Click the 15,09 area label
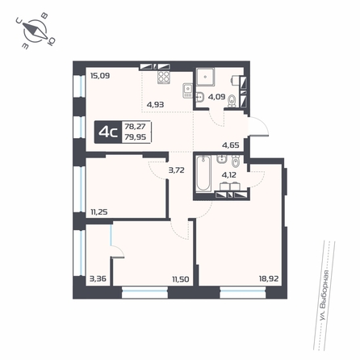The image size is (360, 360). coord(100,76)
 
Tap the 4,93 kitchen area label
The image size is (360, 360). coord(155,104)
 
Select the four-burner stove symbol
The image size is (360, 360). coord(164,77)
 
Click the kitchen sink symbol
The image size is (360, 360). coord(187,90)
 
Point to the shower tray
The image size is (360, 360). coord(205,77)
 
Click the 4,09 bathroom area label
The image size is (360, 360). coord(216,97)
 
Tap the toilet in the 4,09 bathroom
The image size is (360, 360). coord(232,102)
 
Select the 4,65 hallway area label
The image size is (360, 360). coord(231,145)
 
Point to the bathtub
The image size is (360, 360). coord(203,174)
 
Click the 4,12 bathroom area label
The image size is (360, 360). coord(229,175)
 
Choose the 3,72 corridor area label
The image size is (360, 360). coord(177,170)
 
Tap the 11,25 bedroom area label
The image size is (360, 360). coord(99,212)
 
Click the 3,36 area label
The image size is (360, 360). coord(98,278)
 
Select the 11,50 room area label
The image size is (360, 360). coord(181,279)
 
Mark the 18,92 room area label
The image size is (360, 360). coord(269,278)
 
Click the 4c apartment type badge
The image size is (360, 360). coord(108,132)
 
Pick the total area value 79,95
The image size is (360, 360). coord(136,137)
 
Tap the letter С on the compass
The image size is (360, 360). coord(19,20)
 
